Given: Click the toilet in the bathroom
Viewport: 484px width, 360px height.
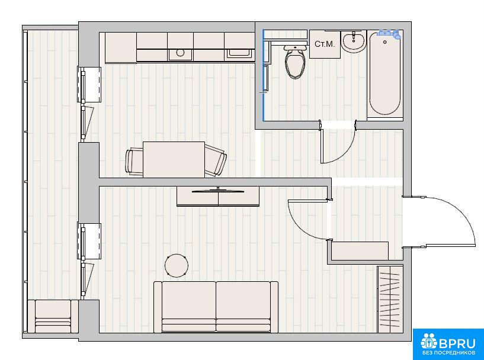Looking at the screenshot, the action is pyautogui.click(x=296, y=62).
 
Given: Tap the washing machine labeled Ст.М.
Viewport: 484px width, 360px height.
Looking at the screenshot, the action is pyautogui.click(x=325, y=44).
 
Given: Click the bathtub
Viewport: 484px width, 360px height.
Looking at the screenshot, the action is pyautogui.click(x=385, y=73).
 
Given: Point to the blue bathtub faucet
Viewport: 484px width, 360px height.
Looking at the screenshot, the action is pyautogui.click(x=389, y=33).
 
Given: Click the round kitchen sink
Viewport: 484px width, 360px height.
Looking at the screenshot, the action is pyautogui.click(x=180, y=53).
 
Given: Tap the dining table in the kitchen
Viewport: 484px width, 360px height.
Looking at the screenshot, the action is pyautogui.click(x=174, y=159).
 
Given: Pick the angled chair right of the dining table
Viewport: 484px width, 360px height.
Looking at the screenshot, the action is pyautogui.click(x=215, y=160).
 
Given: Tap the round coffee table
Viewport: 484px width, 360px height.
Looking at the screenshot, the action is pyautogui.click(x=177, y=265).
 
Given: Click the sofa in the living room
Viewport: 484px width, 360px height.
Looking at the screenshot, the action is pyautogui.click(x=216, y=307).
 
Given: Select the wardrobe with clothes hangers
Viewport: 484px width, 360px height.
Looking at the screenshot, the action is pyautogui.click(x=390, y=299).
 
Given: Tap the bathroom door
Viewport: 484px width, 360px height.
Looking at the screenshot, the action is pyautogui.click(x=338, y=145).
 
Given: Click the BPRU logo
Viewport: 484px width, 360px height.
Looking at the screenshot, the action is pyautogui.click(x=448, y=344).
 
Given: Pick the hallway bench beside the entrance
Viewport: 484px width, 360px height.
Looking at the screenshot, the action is pyautogui.click(x=360, y=251).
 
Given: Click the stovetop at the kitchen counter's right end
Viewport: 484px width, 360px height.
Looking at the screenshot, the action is pyautogui.click(x=240, y=53).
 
